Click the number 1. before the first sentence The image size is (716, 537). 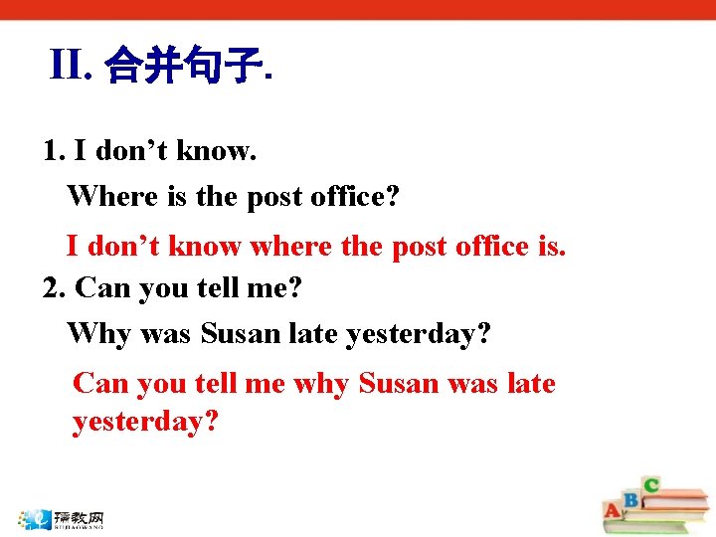pos(55,151)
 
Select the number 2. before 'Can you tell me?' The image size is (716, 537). pos(56,288)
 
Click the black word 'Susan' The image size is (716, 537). pos(241,333)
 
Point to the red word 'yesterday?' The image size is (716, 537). pos(145,422)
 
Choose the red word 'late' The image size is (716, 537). pos(531,384)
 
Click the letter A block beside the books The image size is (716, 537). pos(613,511)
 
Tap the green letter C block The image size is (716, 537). pos(650,485)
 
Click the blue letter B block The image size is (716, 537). pos(629,498)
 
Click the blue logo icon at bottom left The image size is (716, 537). pos(39,518)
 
